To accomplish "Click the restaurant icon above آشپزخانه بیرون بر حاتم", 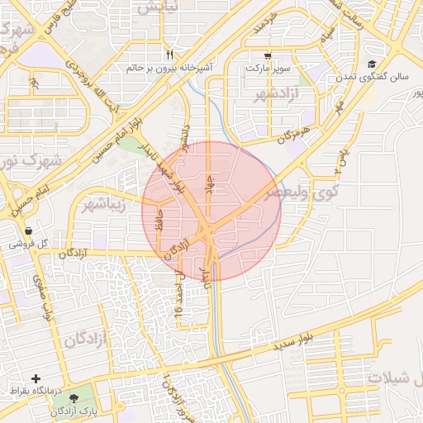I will click(169, 55).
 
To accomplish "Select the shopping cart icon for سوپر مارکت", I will click(268, 55).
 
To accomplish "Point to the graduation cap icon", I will click(372, 64).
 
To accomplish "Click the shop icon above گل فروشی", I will click(29, 231).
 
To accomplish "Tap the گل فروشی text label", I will click(29, 245).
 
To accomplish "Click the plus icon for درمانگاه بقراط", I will click(36, 378).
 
